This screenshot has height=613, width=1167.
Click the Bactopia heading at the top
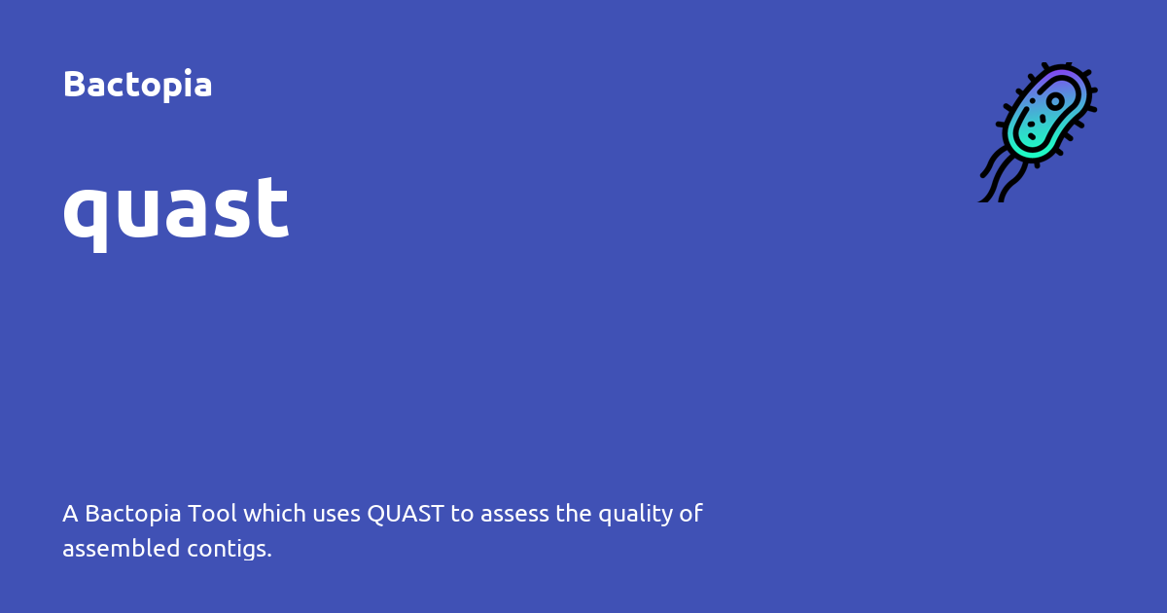tap(137, 85)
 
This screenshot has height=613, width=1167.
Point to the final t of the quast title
tap(276, 207)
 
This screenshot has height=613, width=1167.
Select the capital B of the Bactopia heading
tap(73, 85)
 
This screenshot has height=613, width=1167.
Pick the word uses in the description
tap(336, 514)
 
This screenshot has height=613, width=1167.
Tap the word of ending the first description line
tap(691, 514)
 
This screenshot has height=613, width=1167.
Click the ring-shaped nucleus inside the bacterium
tap(1055, 101)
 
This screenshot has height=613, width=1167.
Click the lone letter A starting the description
tap(70, 514)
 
